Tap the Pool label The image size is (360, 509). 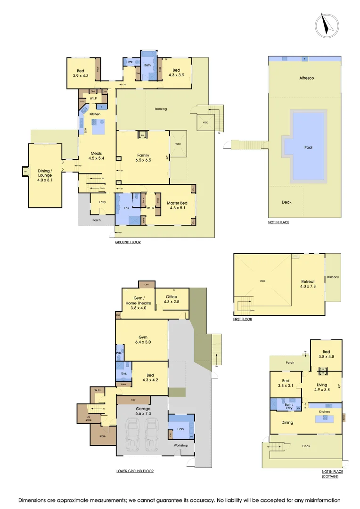pos(308,148)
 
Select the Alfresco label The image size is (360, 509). pos(306,78)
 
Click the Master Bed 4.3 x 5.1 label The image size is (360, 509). pos(177,205)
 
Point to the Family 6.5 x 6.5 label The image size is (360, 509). pos(143,158)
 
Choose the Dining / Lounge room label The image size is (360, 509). pos(45,174)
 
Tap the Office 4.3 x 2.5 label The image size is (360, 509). pos(172,299)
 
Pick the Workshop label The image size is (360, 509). pos(181,445)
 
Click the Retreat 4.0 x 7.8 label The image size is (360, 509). pos(308,284)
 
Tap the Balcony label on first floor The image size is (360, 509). pos(333,277)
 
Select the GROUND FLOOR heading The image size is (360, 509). pos(128,242)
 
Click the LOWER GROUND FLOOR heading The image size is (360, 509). pos(135,471)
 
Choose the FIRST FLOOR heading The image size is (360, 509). pos(243,319)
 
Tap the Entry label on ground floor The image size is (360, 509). pos(102,202)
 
